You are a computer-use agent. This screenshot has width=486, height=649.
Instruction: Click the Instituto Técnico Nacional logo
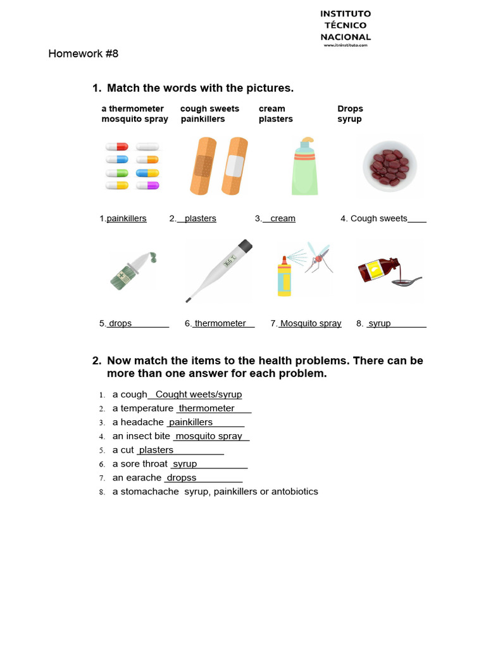(345, 28)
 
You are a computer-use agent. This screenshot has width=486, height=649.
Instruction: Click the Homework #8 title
(83, 54)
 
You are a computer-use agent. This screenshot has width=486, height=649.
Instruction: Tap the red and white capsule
(117, 146)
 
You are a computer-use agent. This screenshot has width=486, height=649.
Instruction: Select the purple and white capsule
(148, 185)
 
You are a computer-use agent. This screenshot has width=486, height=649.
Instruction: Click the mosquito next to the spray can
(320, 258)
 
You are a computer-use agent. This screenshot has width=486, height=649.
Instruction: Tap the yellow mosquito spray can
(284, 277)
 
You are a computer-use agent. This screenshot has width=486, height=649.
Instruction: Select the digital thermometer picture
(219, 270)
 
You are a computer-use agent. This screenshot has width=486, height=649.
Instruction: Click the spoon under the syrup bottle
(405, 281)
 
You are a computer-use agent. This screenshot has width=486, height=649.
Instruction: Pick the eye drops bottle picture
(131, 271)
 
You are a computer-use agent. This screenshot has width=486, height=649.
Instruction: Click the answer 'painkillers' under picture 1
(127, 219)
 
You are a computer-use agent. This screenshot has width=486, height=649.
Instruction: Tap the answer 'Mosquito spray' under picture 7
(311, 323)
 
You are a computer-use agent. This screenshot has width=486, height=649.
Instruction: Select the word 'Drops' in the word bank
(350, 109)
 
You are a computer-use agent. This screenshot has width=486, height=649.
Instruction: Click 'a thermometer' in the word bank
(132, 109)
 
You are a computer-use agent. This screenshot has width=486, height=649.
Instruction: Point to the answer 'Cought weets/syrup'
(199, 394)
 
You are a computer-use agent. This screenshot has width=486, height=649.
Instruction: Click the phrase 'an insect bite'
(141, 436)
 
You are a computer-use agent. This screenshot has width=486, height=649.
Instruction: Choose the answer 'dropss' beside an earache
(182, 478)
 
